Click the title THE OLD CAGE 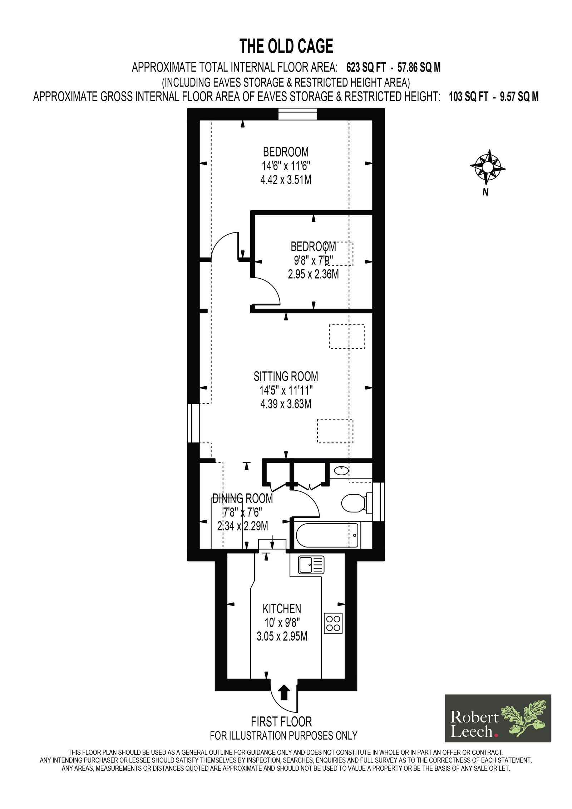click(286, 46)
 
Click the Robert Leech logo click(498, 718)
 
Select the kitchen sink click(311, 565)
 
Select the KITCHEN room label click(282, 608)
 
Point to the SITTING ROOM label click(286, 376)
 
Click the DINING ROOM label click(242, 498)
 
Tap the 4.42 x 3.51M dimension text click(286, 180)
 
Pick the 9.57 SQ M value click(519, 97)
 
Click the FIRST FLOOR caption click(281, 721)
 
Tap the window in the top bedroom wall click(297, 114)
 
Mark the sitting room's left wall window click(193, 423)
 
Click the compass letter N click(485, 192)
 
